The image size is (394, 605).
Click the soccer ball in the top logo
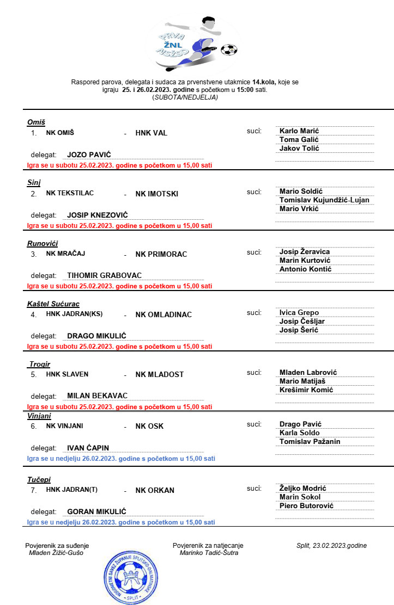tap(229, 50)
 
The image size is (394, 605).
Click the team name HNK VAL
tap(151, 133)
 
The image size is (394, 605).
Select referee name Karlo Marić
tap(299, 131)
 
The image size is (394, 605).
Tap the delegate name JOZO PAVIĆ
tap(89, 155)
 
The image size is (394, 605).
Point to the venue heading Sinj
tap(34, 183)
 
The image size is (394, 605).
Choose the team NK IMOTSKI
tap(157, 194)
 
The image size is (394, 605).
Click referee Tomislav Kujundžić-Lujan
tap(324, 200)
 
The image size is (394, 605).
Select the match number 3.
tap(34, 254)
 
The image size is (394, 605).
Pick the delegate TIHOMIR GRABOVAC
tap(104, 275)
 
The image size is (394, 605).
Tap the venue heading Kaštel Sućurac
tap(53, 304)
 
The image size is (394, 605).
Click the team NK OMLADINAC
tap(163, 314)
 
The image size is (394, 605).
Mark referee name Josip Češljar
tap(302, 321)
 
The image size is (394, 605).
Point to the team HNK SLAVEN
tap(67, 374)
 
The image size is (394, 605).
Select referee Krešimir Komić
tap(306, 390)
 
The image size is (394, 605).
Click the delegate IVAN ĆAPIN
tap(88, 448)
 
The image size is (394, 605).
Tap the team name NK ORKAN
tap(155, 490)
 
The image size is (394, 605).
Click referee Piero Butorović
tap(306, 505)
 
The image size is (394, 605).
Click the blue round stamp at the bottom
tap(130, 575)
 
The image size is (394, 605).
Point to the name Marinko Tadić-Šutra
tap(209, 553)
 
